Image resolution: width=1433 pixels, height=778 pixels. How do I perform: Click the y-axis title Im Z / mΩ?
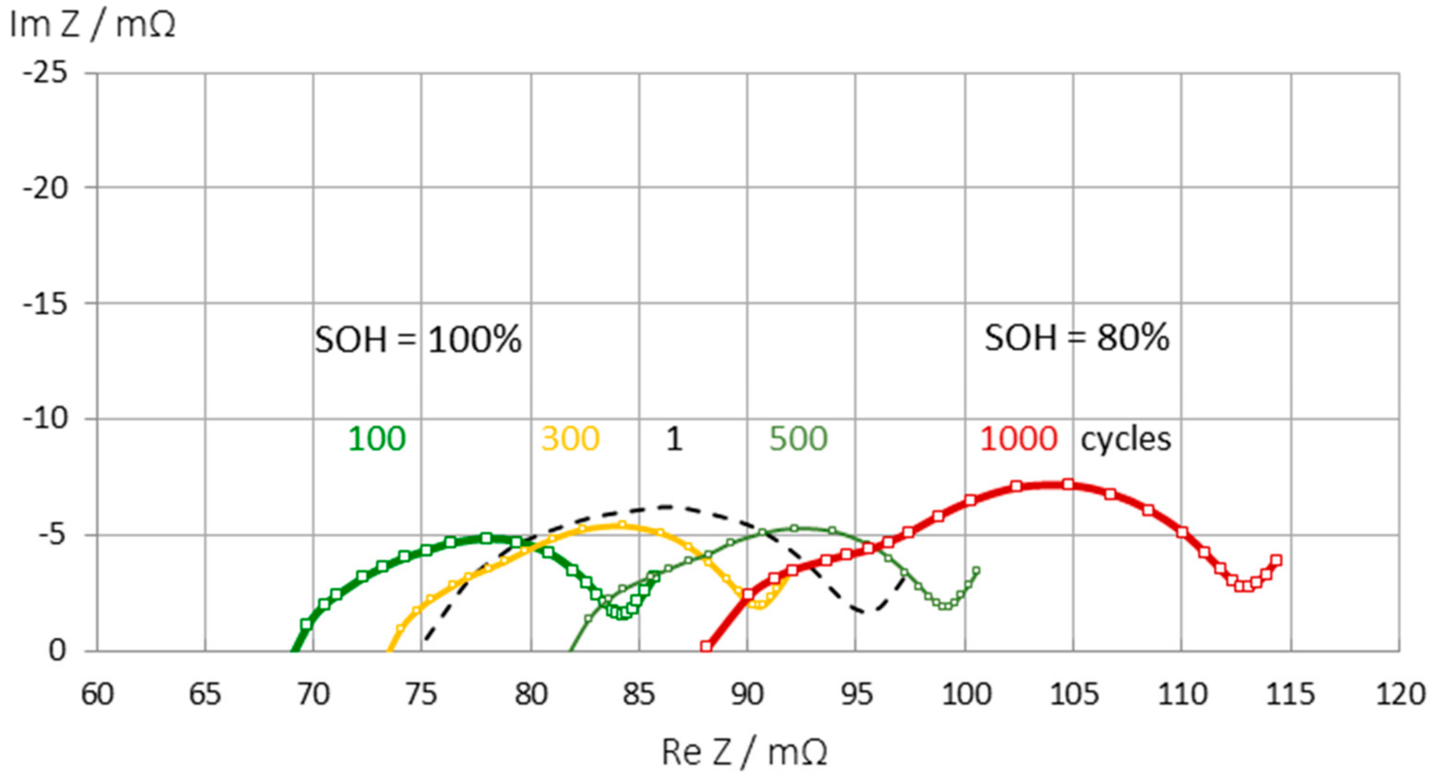pos(92,25)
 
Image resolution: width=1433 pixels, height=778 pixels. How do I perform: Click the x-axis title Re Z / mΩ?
pos(744,752)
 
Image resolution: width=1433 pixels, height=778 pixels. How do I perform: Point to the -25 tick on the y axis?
pos(46,73)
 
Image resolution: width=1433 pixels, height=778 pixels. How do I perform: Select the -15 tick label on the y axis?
pos(46,303)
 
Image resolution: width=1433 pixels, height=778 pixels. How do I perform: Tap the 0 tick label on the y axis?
pos(57,650)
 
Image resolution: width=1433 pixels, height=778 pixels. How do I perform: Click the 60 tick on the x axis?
pos(98,694)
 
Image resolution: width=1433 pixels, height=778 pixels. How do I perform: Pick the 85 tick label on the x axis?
pos(638,694)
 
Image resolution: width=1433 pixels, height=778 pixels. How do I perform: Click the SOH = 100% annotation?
pos(418,339)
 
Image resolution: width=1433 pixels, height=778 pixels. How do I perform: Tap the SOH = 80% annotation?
pos(1077,337)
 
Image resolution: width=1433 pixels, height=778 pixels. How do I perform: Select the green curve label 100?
pos(377,439)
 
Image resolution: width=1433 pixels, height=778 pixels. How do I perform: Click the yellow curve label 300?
pos(570,439)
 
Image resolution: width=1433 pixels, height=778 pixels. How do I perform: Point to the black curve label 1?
pos(674,439)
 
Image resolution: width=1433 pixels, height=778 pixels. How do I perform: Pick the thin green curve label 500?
pos(798,439)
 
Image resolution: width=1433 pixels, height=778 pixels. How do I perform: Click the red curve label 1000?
pos(1018,439)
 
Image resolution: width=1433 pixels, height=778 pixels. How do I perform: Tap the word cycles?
pos(1125,439)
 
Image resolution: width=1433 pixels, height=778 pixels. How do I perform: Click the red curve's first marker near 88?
pos(706,646)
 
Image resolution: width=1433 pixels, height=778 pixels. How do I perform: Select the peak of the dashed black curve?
pos(666,507)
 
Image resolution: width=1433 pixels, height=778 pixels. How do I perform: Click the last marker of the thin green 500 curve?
pos(976,570)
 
